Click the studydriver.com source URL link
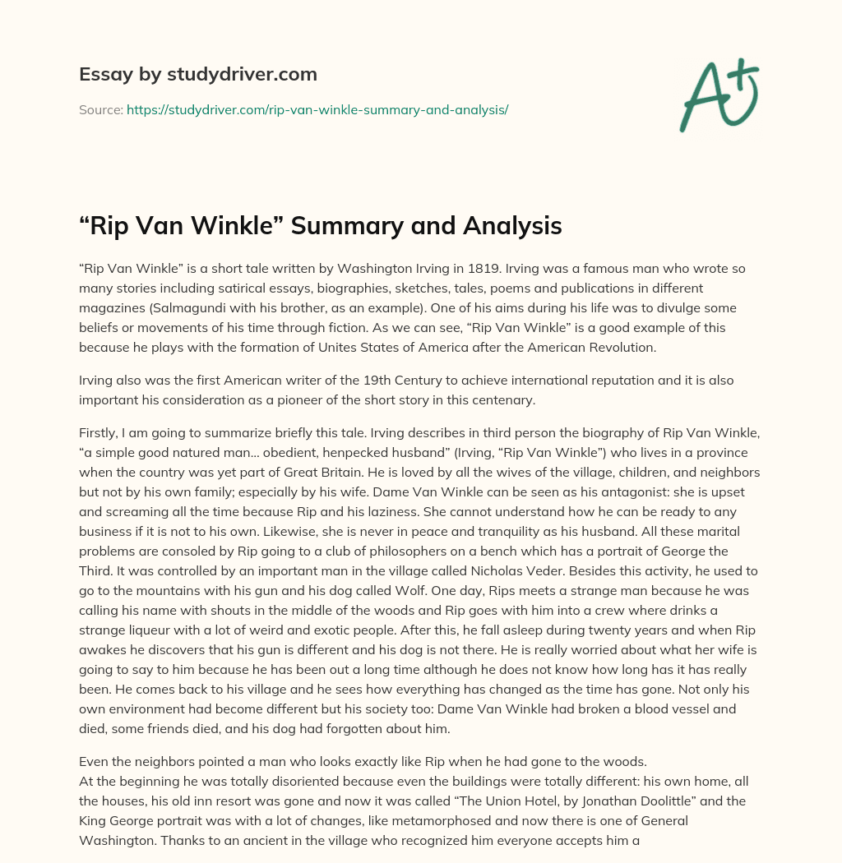(x=317, y=109)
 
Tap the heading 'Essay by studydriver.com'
(x=197, y=74)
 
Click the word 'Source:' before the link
(x=100, y=109)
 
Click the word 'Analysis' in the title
(x=506, y=225)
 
